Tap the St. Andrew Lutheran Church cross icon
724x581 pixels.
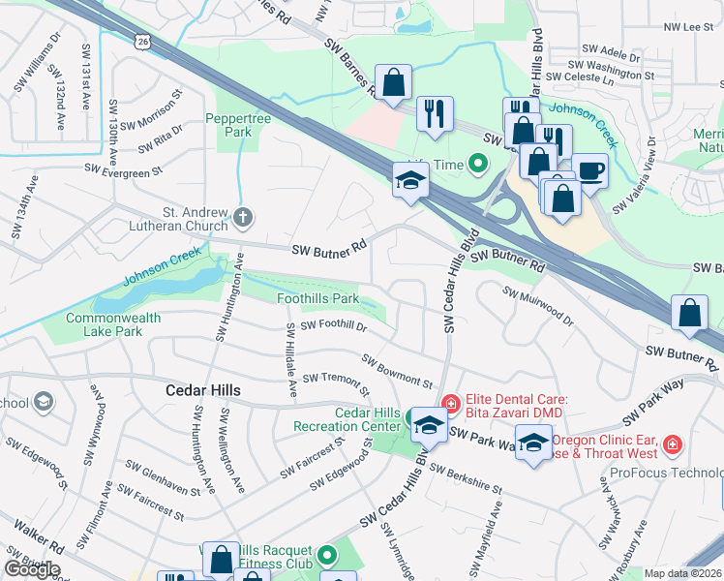(x=242, y=218)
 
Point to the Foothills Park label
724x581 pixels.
(x=318, y=299)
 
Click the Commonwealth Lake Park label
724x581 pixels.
(x=104, y=324)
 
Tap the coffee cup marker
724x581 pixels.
(x=589, y=171)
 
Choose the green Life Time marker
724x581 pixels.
(x=476, y=164)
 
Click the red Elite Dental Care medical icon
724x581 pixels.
(x=449, y=402)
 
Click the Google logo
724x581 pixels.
(x=32, y=569)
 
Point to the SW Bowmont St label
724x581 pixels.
(x=397, y=372)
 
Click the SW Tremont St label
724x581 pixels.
(x=335, y=383)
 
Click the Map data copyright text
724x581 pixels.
(x=683, y=573)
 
